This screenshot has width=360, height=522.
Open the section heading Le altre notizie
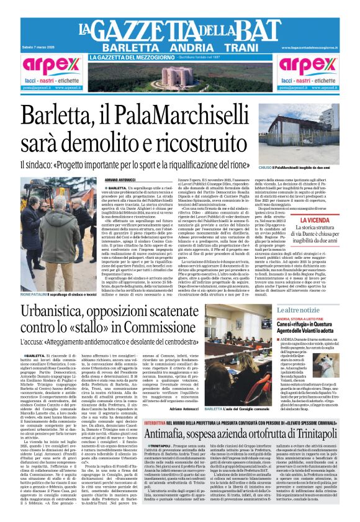click(x=298, y=309)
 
